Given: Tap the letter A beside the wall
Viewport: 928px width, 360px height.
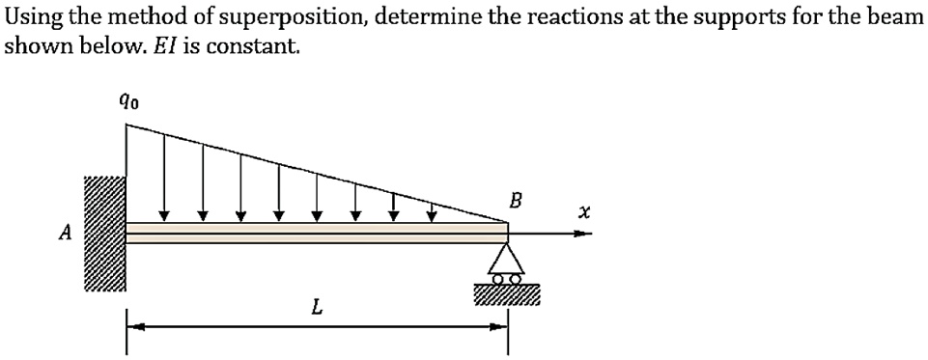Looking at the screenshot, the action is [x=65, y=232].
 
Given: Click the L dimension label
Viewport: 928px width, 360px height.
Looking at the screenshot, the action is [x=316, y=309].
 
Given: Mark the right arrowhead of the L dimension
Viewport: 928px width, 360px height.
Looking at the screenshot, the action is [x=499, y=328].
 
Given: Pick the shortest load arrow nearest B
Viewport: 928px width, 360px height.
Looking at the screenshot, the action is [x=433, y=211].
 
